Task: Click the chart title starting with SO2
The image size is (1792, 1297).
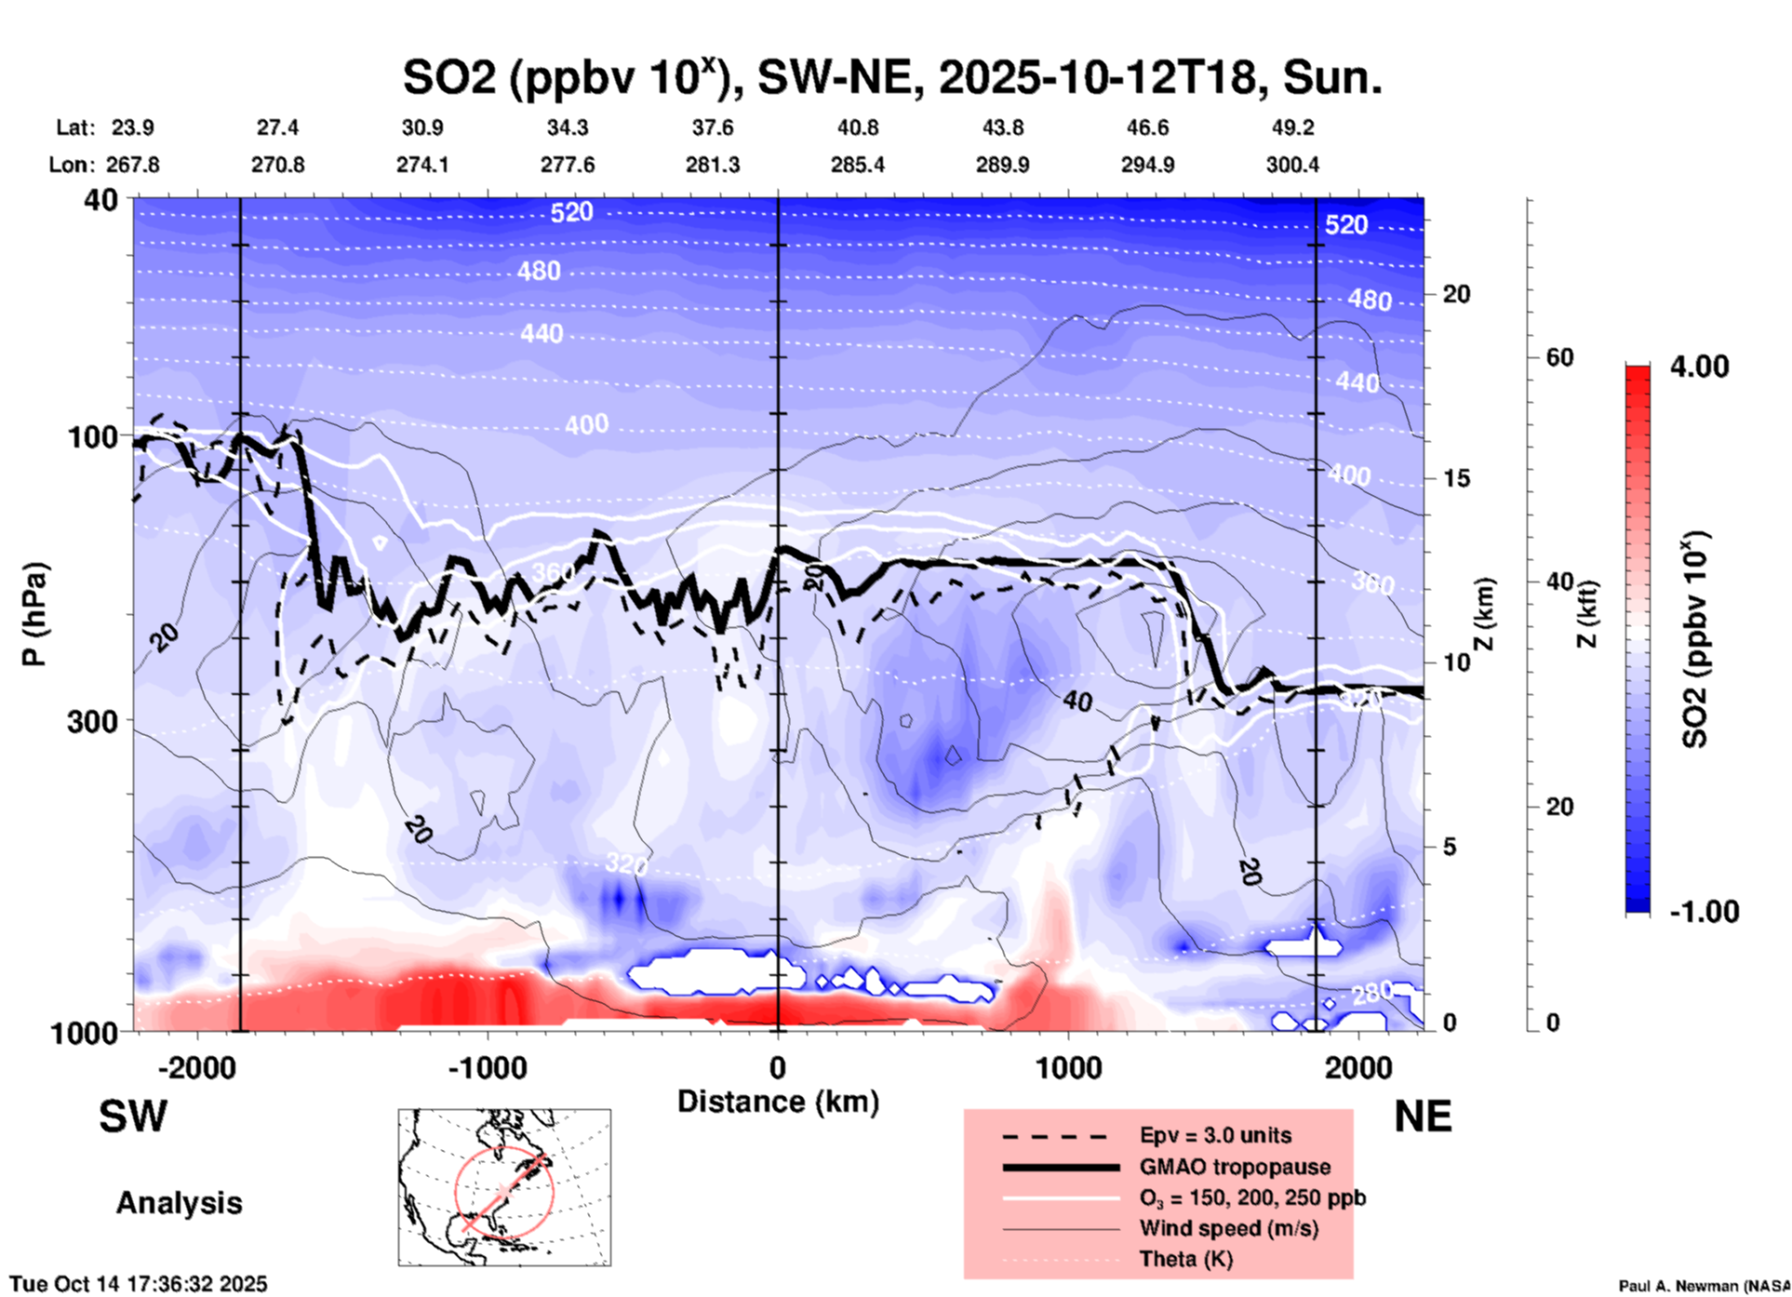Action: pos(891,77)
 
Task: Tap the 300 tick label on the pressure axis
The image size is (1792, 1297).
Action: pos(93,721)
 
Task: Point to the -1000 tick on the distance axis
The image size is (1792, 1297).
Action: pos(487,1067)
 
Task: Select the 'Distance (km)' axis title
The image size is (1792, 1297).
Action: pos(778,1102)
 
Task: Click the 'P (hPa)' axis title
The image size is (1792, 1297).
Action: pos(33,614)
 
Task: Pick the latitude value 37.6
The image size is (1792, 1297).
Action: pos(713,127)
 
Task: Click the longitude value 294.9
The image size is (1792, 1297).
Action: pos(1147,165)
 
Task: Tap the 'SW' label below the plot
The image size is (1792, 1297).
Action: pos(133,1116)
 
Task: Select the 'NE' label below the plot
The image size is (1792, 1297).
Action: pos(1423,1116)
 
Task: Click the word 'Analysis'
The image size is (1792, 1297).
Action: pos(179,1203)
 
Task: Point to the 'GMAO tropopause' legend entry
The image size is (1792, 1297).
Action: pos(1235,1167)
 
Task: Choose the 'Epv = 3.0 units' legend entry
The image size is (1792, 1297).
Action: pos(1215,1135)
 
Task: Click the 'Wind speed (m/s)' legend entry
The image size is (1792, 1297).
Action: pos(1228,1228)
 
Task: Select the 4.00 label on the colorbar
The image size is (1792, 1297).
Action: pos(1699,366)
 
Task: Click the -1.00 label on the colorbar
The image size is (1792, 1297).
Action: pos(1704,911)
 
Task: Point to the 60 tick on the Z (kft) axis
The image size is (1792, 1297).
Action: pos(1559,357)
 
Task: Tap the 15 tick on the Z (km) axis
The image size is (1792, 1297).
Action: pos(1456,478)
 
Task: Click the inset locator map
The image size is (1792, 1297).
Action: pos(504,1186)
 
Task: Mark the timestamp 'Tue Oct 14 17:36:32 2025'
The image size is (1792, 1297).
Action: pos(139,1284)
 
